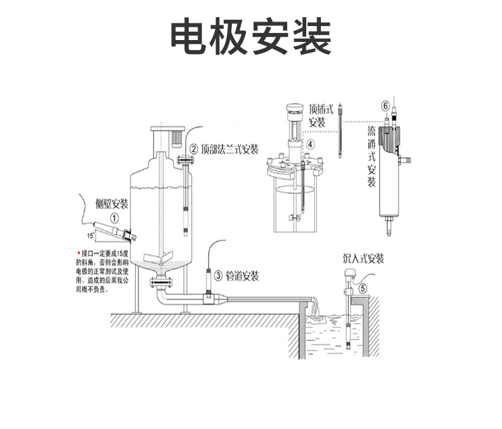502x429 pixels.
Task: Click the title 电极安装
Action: coord(251,37)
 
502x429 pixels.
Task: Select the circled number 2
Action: coord(193,150)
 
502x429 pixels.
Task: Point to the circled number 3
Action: coord(218,276)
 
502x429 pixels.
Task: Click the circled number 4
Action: coord(310,144)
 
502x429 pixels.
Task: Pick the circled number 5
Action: coord(363,287)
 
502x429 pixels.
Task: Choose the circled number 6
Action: coord(384,105)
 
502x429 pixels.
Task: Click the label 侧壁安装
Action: coord(112,204)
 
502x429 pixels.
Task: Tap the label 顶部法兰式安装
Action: coord(229,150)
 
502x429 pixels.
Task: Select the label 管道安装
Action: coord(242,276)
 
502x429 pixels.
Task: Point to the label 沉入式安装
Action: coord(363,259)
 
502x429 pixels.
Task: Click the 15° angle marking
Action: coord(90,235)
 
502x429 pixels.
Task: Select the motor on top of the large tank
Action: coord(175,135)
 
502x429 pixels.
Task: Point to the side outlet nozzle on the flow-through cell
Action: coord(407,155)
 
